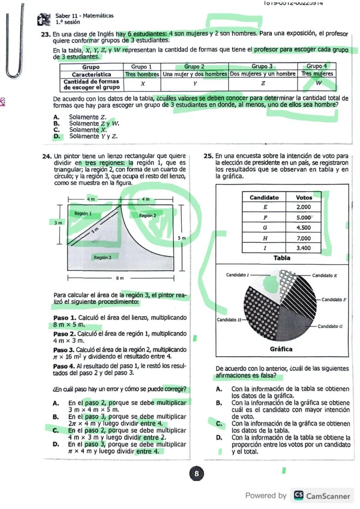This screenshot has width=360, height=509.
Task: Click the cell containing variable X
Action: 142,83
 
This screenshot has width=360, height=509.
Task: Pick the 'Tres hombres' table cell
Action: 142,74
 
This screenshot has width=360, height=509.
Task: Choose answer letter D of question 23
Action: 56,136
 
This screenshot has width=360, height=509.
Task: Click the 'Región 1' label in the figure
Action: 83,213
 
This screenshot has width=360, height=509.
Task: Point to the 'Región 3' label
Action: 102,258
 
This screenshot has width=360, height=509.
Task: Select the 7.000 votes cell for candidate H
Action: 303,239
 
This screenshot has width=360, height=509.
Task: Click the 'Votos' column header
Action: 304,197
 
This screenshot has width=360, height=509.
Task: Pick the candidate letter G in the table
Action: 265,228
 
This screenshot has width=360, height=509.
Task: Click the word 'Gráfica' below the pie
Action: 281,349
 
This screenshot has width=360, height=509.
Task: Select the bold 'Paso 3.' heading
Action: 64,349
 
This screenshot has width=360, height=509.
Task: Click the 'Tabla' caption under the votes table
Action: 282,258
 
